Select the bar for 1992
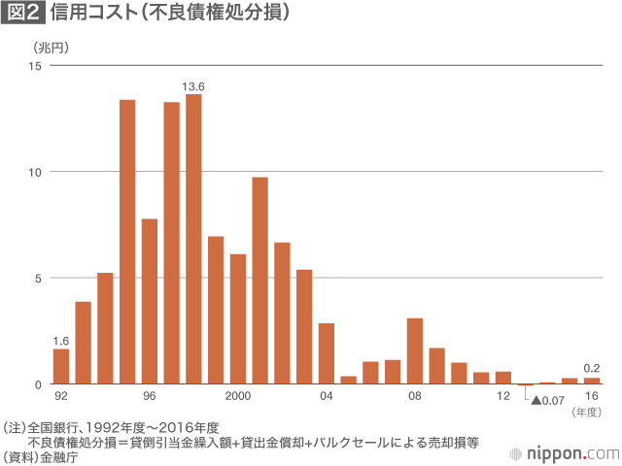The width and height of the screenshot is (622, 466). coord(60,367)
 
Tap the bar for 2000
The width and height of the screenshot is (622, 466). coord(238,319)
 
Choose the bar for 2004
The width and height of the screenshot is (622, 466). coord(327,353)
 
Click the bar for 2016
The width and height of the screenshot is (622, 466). coord(591,381)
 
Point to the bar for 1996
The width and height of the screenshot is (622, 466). coord(149,302)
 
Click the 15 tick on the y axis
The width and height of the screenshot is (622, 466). coord(35,66)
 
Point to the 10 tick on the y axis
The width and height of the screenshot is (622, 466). coord(35,172)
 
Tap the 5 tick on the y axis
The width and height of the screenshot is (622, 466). coord(38,278)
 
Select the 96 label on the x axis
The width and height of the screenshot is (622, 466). coord(149,397)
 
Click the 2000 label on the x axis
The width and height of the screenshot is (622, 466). coord(238,397)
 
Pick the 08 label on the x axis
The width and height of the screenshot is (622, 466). coord(415,397)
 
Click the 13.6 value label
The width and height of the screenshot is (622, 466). coord(193,86)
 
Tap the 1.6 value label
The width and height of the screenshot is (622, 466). coord(60,341)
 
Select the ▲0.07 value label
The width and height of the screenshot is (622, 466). coord(548,400)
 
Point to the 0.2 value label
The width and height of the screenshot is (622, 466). coord(591,368)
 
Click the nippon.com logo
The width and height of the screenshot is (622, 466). coord(565,452)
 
